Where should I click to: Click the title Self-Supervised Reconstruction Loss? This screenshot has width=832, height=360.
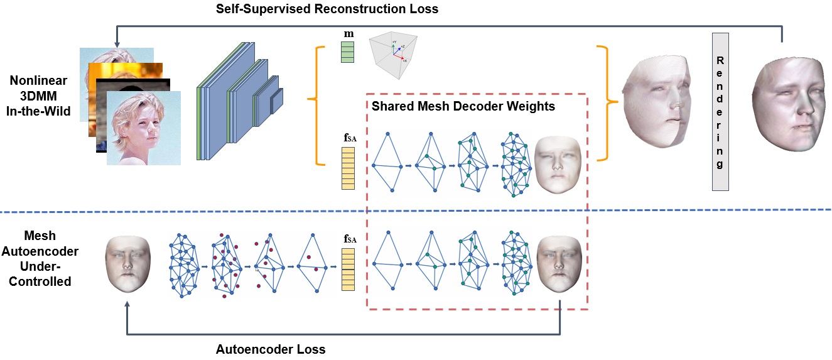pyautogui.click(x=327, y=9)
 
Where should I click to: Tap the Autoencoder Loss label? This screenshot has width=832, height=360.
pyautogui.click(x=271, y=349)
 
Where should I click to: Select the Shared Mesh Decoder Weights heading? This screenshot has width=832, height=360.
pyautogui.click(x=463, y=106)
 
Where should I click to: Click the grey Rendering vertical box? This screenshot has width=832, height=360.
pyautogui.click(x=720, y=112)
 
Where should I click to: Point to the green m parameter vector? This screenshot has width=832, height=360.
pyautogui.click(x=348, y=52)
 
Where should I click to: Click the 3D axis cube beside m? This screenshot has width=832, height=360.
pyautogui.click(x=394, y=56)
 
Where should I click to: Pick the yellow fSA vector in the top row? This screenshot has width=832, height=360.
pyautogui.click(x=348, y=168)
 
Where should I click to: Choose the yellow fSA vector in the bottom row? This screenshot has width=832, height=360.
pyautogui.click(x=348, y=270)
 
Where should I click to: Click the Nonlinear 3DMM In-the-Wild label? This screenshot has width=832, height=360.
pyautogui.click(x=38, y=96)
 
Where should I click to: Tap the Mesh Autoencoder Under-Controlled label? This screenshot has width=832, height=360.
pyautogui.click(x=40, y=259)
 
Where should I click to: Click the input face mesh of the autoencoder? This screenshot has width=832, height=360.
pyautogui.click(x=128, y=264)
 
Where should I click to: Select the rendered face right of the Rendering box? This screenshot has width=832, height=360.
pyautogui.click(x=791, y=104)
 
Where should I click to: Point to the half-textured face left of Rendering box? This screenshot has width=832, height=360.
pyautogui.click(x=657, y=101)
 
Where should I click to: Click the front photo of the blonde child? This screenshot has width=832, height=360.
pyautogui.click(x=144, y=128)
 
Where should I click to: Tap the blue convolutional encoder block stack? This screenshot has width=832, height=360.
pyautogui.click(x=240, y=101)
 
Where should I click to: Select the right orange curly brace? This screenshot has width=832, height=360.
pyautogui.click(x=608, y=103)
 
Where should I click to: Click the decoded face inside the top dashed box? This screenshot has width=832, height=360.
pyautogui.click(x=558, y=165)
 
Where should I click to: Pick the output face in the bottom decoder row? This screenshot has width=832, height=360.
pyautogui.click(x=559, y=264)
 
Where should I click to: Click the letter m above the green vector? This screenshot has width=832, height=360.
pyautogui.click(x=348, y=34)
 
